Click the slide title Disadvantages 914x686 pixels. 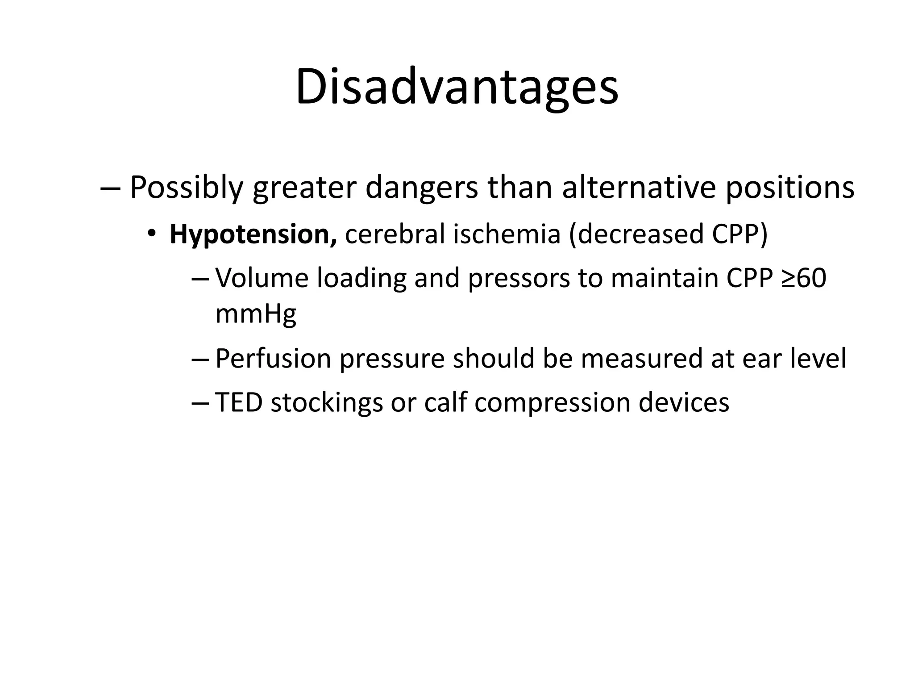[x=457, y=87]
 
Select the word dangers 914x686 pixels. [x=421, y=188]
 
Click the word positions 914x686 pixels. [x=789, y=188]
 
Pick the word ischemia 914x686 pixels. [x=507, y=234]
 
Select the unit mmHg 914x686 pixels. [x=256, y=314]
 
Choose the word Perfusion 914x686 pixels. [x=273, y=358]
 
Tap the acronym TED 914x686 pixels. [x=239, y=402]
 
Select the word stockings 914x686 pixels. [x=327, y=403]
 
